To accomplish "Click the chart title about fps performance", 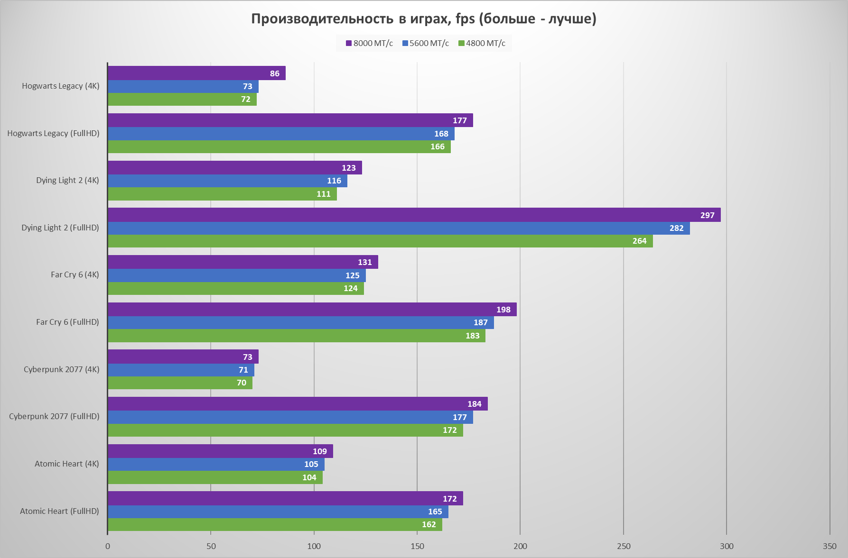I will click(x=423, y=19).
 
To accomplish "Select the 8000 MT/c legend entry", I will click(x=369, y=43).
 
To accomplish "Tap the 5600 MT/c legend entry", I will click(x=425, y=43).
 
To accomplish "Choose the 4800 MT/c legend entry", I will click(x=482, y=43).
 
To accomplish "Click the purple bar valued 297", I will click(x=414, y=215).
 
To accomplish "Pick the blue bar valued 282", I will click(x=399, y=228).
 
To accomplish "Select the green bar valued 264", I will click(x=380, y=241).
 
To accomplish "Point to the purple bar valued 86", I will click(x=196, y=73).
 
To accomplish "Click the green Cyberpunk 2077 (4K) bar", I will click(x=180, y=383).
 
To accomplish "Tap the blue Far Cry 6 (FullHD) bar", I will click(x=300, y=322).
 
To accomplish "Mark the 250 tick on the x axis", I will click(x=624, y=546).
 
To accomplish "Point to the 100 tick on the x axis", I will click(x=314, y=546).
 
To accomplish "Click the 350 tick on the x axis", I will click(x=829, y=546).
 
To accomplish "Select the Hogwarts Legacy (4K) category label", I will click(x=61, y=86).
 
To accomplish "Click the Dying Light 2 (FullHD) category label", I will click(x=60, y=228).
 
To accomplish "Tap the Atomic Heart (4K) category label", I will click(x=67, y=464).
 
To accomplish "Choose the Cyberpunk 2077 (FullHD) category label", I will click(x=54, y=416).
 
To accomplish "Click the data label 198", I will click(x=503, y=310).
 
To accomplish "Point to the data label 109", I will click(x=320, y=451).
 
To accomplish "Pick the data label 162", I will click(x=429, y=524).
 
